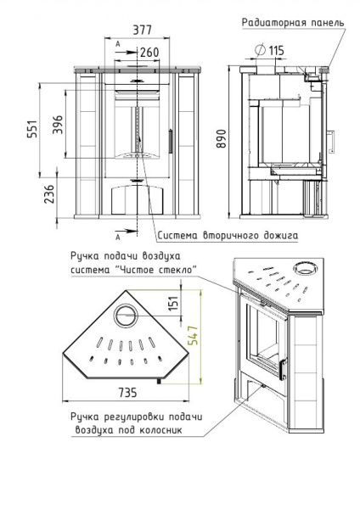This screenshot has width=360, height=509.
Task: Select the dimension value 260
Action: coord(149,52)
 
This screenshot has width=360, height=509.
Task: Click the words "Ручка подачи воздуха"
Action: coord(128,255)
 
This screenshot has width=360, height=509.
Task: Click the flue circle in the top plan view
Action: coord(125,314)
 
